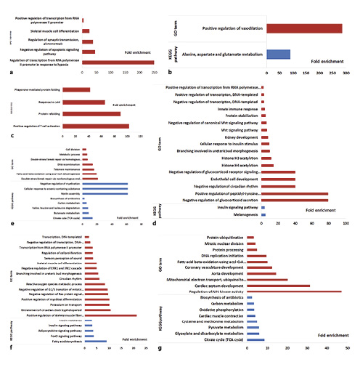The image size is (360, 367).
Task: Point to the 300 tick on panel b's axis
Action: point(345,74)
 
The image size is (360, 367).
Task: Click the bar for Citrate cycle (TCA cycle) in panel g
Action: point(254,341)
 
